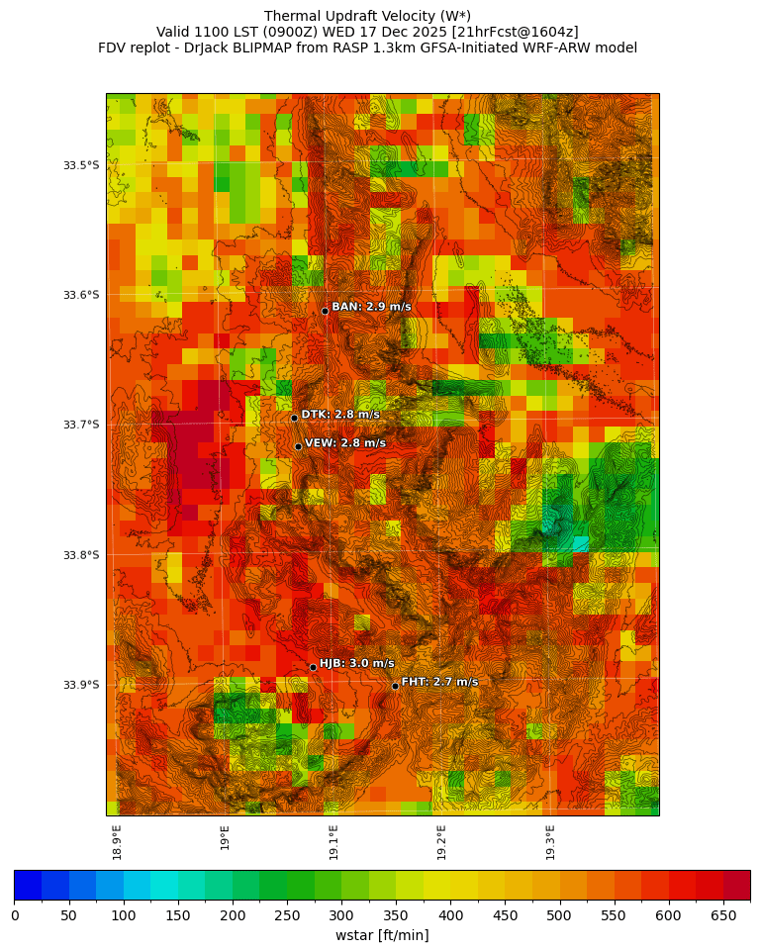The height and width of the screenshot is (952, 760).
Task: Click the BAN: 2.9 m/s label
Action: pos(371,308)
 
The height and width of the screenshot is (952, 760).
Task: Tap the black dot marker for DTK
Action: pos(294,418)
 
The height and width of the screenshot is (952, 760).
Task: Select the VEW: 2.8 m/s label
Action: pos(344,443)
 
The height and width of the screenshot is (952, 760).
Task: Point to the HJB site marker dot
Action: pos(313,667)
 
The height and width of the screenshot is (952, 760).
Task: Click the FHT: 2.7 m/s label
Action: pos(439,682)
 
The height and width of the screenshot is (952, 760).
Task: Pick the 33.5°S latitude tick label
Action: pos(81,165)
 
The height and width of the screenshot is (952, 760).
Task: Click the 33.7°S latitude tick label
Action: pos(81,425)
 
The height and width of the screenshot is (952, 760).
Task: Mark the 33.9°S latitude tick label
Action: pos(81,685)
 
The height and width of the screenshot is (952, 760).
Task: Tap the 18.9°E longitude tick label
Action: pos(117,842)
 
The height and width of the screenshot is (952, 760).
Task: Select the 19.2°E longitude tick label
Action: pos(441,842)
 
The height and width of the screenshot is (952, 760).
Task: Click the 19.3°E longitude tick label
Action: pos(550,842)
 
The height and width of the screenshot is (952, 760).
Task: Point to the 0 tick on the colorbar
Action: pos(15,916)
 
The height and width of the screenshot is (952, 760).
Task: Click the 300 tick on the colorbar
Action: pos(341,916)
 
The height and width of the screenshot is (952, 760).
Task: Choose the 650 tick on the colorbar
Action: pos(722,916)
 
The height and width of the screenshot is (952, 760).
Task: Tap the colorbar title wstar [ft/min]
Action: pos(382,935)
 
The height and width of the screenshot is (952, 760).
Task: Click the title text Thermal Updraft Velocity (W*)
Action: pos(367,16)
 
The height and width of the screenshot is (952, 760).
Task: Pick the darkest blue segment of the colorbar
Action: pos(28,885)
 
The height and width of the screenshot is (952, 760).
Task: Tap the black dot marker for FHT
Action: pos(395,686)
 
